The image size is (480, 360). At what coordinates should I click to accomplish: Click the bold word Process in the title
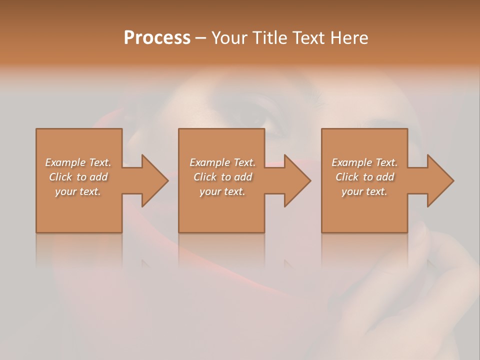pyautogui.click(x=157, y=38)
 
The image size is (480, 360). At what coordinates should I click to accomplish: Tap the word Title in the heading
pyautogui.click(x=270, y=38)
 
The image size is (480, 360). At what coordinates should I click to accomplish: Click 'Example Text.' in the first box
pyautogui.click(x=78, y=162)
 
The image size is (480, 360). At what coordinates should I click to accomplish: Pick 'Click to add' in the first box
pyautogui.click(x=78, y=177)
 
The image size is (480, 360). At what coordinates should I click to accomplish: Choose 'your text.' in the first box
pyautogui.click(x=78, y=191)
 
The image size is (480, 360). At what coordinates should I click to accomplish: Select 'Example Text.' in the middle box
pyautogui.click(x=222, y=162)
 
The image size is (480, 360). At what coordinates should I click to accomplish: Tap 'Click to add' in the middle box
pyautogui.click(x=222, y=177)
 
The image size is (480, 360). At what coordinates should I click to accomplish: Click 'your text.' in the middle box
pyautogui.click(x=222, y=191)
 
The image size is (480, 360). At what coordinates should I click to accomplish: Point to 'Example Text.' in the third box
pyautogui.click(x=364, y=162)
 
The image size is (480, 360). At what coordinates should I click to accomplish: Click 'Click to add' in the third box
pyautogui.click(x=364, y=177)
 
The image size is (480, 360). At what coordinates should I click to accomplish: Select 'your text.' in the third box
pyautogui.click(x=364, y=191)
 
